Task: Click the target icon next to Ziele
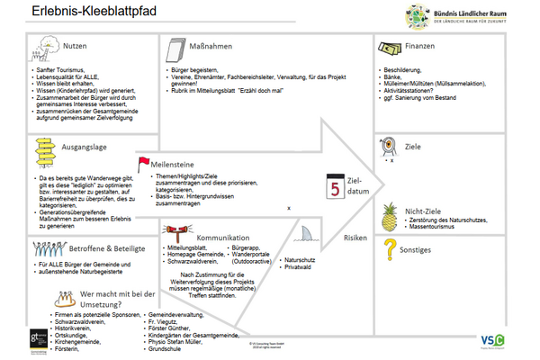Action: [x=389, y=144]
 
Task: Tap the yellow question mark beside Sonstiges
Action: [x=389, y=247]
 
